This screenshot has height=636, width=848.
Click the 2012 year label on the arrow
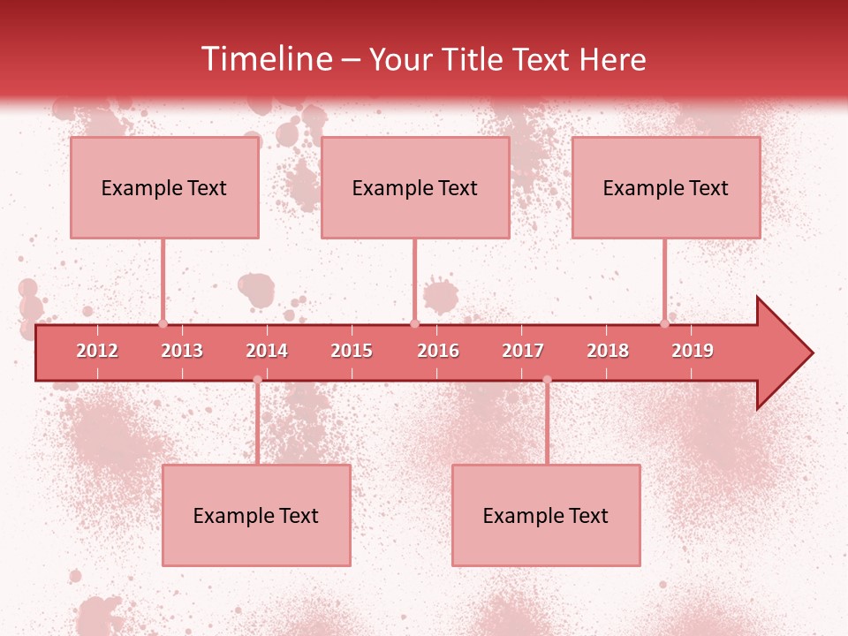[x=97, y=351]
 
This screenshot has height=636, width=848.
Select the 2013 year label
[x=182, y=351]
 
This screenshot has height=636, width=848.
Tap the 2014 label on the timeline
[x=267, y=351]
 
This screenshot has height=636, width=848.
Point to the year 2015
[x=352, y=351]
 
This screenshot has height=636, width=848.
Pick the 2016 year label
[x=438, y=351]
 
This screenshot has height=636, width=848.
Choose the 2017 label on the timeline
[x=523, y=351]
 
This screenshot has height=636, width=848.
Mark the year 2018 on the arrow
[x=608, y=351]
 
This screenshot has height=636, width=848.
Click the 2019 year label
[x=693, y=351]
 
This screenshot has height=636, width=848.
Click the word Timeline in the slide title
[x=265, y=59]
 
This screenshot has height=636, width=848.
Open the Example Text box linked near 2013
[x=164, y=187]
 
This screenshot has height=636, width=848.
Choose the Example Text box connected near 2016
[x=415, y=187]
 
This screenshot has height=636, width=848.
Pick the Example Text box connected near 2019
[x=666, y=187]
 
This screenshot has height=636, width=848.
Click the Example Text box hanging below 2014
[x=256, y=515]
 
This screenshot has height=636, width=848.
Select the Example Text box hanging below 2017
[x=546, y=515]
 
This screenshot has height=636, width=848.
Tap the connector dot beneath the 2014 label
[x=257, y=379]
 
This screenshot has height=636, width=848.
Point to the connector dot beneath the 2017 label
[x=547, y=379]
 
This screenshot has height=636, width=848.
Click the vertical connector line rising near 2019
[x=665, y=278]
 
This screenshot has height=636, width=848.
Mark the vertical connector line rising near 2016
[x=414, y=278]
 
